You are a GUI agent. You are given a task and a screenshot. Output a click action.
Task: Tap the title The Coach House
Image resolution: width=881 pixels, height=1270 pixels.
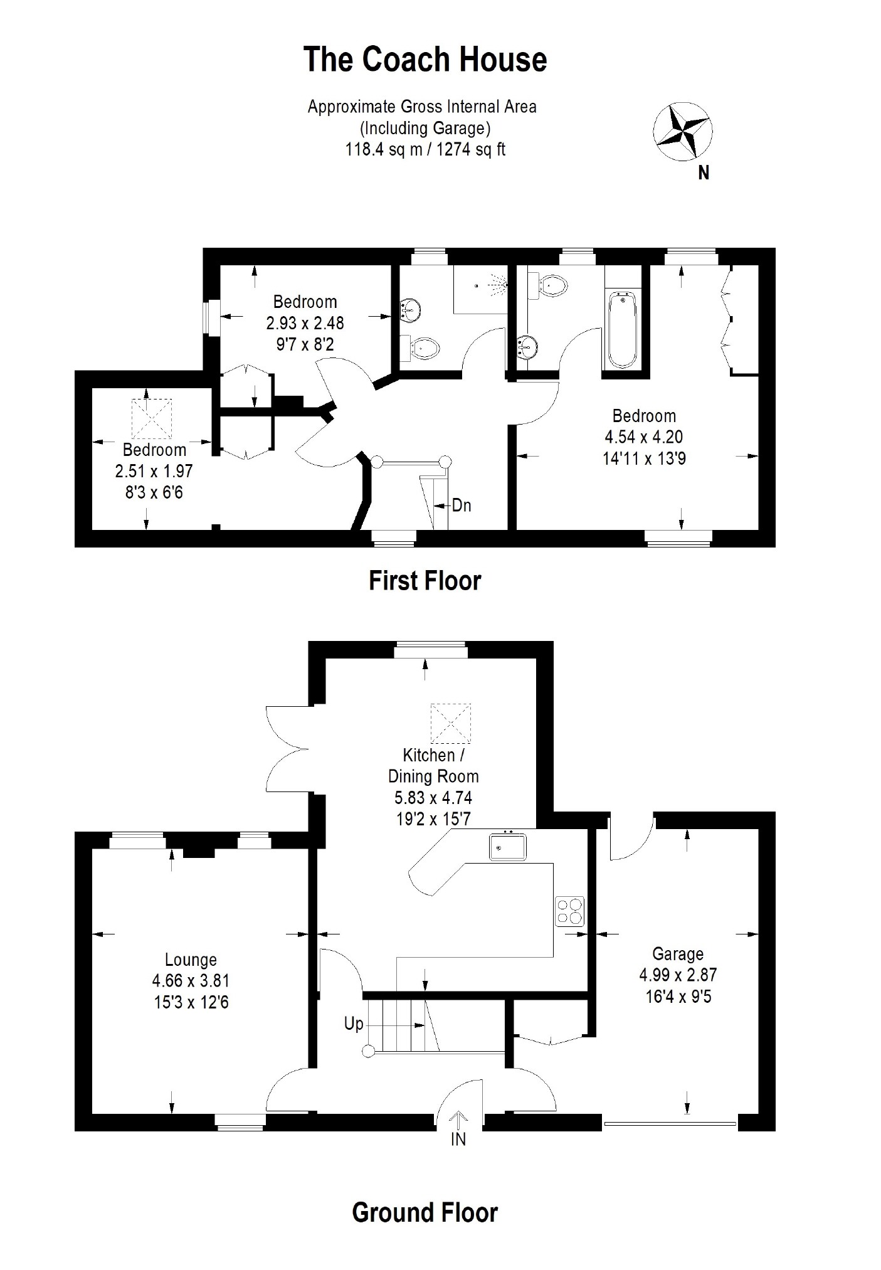click(x=425, y=60)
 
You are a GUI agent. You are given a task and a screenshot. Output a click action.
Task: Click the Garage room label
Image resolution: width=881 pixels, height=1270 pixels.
click(x=678, y=954)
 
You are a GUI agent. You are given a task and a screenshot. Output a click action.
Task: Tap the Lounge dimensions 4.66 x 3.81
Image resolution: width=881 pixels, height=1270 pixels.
click(x=191, y=981)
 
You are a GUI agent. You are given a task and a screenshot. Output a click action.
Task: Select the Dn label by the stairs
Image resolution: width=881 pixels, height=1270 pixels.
click(x=462, y=505)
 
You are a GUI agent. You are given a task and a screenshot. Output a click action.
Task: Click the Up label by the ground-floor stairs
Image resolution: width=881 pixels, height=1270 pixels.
click(x=354, y=1024)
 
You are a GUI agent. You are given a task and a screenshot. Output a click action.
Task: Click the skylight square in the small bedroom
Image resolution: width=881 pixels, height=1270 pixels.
click(x=151, y=419)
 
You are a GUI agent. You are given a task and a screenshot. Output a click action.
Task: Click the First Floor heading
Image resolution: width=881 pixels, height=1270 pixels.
click(x=425, y=581)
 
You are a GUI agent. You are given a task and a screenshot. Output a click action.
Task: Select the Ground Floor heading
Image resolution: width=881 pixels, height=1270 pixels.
click(x=425, y=1213)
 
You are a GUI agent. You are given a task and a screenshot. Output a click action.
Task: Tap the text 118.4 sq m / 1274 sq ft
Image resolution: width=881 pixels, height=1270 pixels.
click(x=425, y=149)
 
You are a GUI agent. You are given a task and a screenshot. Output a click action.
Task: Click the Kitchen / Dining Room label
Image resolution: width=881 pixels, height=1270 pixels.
click(x=433, y=765)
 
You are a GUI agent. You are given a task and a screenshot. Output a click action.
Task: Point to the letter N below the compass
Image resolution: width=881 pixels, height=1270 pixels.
click(x=704, y=173)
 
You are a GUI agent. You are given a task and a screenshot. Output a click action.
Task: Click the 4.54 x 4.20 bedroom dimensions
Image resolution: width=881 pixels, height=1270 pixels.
click(x=644, y=437)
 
